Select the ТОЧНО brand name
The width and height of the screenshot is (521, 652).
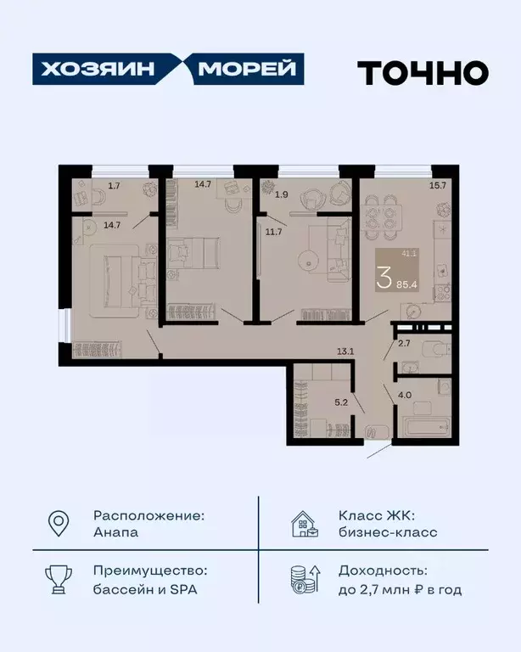422,72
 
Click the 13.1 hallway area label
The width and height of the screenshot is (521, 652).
345,350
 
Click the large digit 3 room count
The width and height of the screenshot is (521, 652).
384,277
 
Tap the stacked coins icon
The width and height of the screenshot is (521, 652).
305,580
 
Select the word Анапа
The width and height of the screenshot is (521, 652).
116,533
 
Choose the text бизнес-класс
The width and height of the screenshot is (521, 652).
388,533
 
